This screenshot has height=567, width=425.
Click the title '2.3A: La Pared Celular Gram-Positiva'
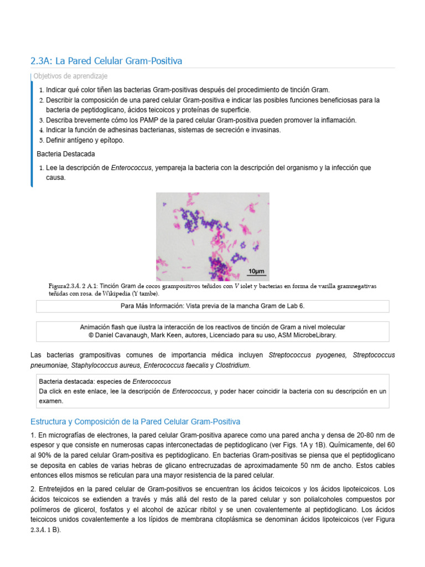point(106,60)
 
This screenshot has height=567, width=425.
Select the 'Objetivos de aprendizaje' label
point(70,76)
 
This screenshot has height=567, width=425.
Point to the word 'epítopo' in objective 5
point(112,140)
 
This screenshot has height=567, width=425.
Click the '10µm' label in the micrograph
point(256,271)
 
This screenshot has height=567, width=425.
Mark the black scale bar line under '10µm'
point(256,276)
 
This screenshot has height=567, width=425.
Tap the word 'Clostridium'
point(233,365)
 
